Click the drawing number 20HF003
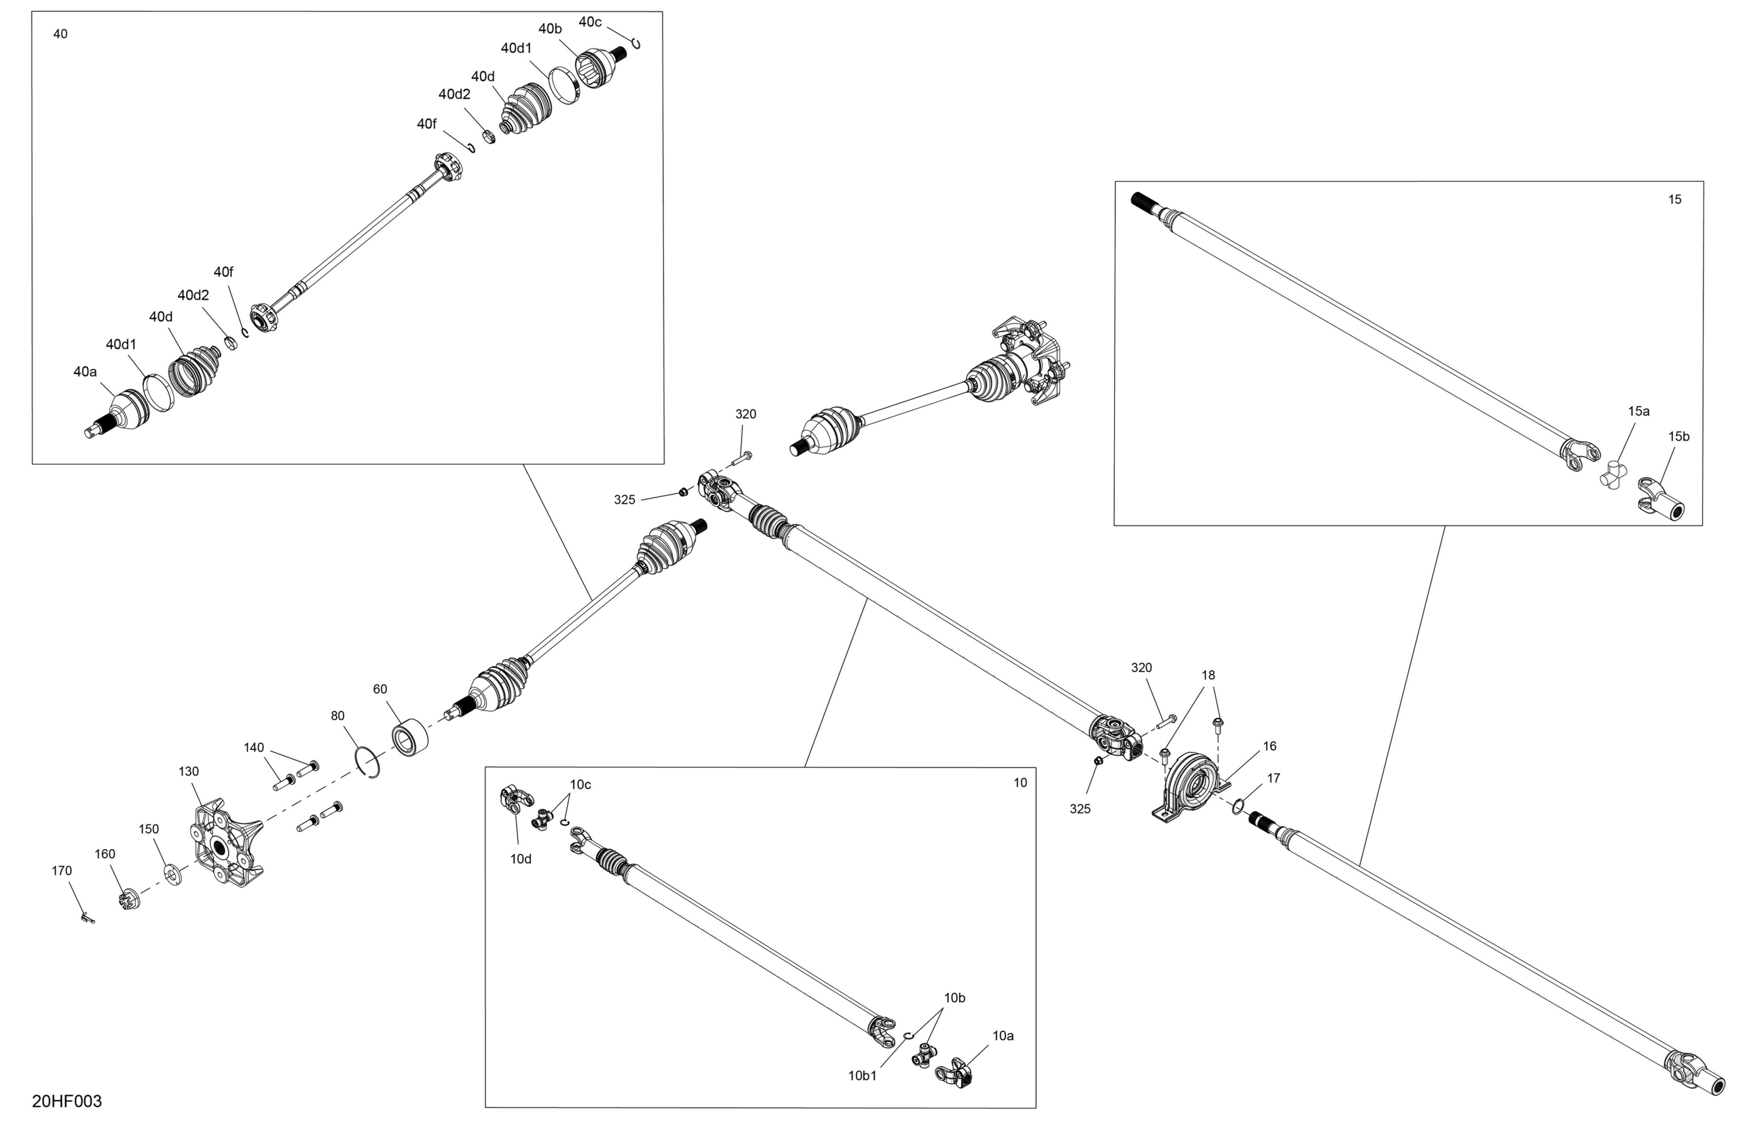[67, 1101]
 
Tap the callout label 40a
[85, 371]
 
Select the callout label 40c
[590, 22]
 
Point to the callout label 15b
[1679, 436]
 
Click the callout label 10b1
[862, 1076]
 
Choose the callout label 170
[62, 871]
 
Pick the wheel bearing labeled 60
[410, 738]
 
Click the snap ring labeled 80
[368, 762]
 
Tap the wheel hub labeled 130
[225, 845]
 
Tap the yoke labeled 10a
[954, 1073]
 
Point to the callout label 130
[189, 771]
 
